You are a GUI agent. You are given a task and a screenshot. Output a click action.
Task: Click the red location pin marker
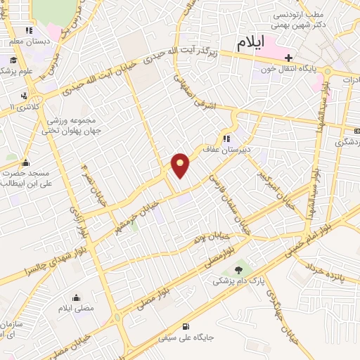(x=181, y=165)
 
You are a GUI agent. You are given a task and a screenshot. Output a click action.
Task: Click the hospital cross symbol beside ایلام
(x=288, y=56)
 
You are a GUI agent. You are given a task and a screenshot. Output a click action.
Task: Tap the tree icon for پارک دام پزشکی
(x=239, y=269)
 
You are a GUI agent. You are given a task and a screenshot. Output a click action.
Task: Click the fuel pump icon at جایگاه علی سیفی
(x=185, y=326)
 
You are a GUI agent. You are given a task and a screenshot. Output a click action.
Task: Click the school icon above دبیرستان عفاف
(x=226, y=139)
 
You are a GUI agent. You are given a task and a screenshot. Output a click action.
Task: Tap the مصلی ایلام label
(x=75, y=309)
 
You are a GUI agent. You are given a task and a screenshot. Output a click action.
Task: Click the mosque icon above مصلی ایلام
(x=75, y=297)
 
